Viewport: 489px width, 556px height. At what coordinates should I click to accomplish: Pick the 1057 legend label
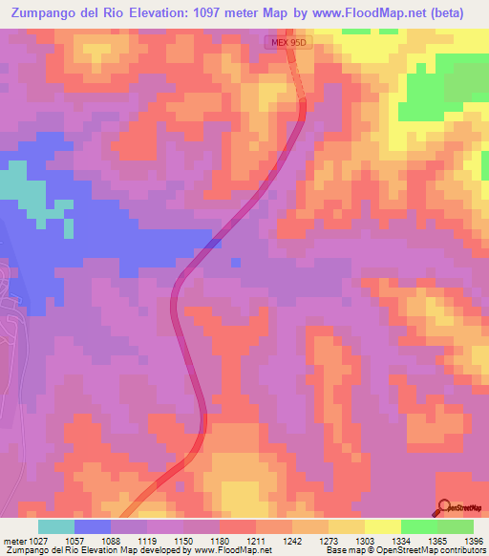(74, 540)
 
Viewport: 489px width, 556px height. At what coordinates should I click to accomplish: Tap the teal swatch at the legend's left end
(56, 526)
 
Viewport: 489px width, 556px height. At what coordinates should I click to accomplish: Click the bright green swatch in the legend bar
(418, 526)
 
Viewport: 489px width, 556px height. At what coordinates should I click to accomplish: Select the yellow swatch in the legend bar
(382, 526)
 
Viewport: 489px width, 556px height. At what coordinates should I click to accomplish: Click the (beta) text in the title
(461, 11)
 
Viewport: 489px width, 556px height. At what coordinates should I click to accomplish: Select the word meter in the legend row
(11, 540)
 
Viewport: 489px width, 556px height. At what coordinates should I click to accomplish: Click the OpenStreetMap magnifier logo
(444, 507)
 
